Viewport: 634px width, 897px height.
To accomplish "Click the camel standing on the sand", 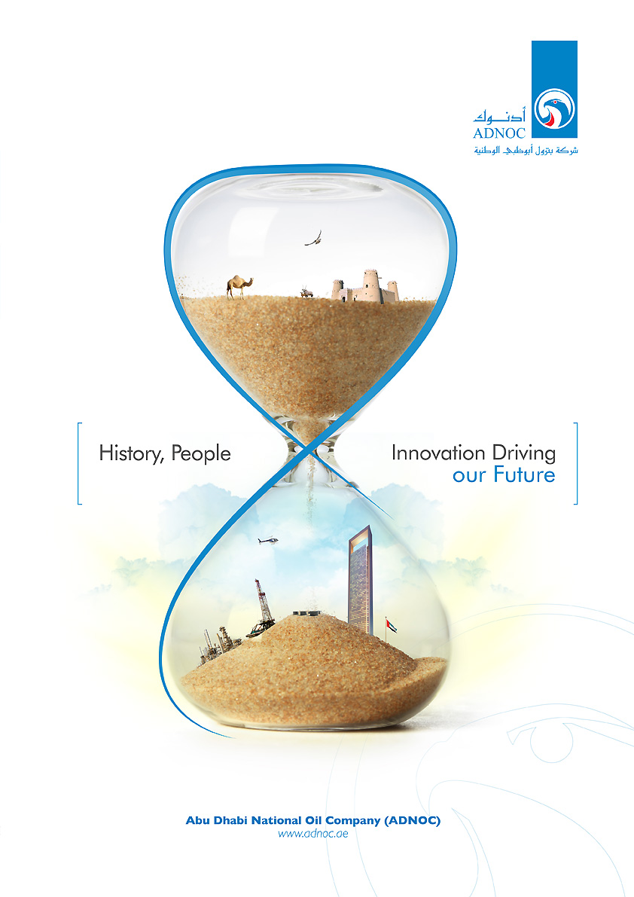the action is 239,286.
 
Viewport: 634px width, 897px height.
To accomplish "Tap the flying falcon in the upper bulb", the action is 313,239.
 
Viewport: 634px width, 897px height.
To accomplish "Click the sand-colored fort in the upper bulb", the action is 365,287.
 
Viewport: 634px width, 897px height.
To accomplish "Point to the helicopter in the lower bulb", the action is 268,540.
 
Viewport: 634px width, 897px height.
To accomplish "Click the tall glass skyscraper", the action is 360,580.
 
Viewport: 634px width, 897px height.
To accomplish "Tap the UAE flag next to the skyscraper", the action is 391,625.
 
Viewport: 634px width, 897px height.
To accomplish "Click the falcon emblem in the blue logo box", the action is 554,109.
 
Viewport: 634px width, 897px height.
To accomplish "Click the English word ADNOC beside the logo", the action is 499,133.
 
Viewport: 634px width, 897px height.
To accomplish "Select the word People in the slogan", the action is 201,453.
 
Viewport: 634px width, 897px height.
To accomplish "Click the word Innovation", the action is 438,453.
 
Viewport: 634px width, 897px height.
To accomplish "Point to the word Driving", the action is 524,453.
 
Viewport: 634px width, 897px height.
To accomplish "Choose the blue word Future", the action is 524,474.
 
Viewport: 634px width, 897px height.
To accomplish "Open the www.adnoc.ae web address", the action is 313,834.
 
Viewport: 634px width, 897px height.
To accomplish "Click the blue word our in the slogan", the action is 469,476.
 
